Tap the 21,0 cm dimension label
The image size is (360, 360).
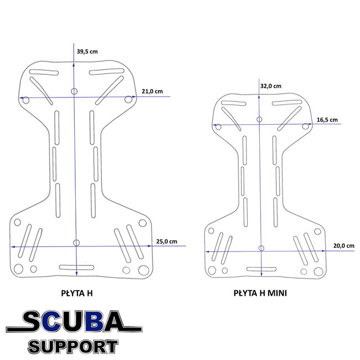click(152, 91)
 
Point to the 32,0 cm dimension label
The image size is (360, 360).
click(270, 86)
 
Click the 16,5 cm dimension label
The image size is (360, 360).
click(327, 120)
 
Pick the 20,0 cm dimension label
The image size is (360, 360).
click(343, 245)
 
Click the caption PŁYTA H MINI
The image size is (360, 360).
click(260, 294)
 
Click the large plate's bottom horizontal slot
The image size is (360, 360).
click(75, 268)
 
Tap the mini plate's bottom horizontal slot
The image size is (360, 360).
click(261, 269)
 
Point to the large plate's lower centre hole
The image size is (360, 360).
click(76, 242)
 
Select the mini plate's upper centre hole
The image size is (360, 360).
click(259, 119)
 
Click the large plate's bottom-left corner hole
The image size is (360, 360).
click(17, 270)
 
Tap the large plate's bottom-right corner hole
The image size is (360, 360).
click(144, 270)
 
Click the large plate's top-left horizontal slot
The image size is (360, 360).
click(44, 73)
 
